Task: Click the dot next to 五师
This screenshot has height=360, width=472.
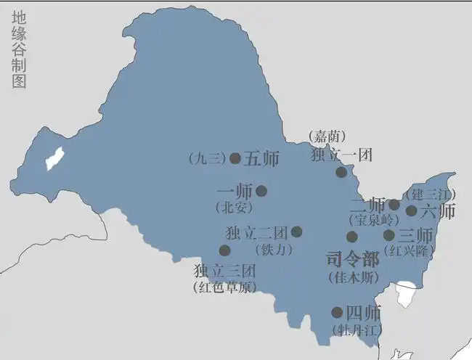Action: tap(235, 158)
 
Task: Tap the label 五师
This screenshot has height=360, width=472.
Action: tap(261, 158)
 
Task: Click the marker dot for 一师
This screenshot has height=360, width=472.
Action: tap(261, 191)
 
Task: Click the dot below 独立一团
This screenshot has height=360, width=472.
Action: tap(341, 172)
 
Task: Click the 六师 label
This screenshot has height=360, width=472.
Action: tap(438, 211)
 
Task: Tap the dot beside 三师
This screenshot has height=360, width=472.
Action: tap(389, 235)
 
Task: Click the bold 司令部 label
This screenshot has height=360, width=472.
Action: tap(352, 260)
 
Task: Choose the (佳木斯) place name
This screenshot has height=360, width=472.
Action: tap(352, 277)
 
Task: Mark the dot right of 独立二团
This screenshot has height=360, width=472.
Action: tap(296, 232)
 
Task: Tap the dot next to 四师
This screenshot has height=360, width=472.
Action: tap(337, 313)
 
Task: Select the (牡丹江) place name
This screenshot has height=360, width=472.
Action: tap(357, 330)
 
